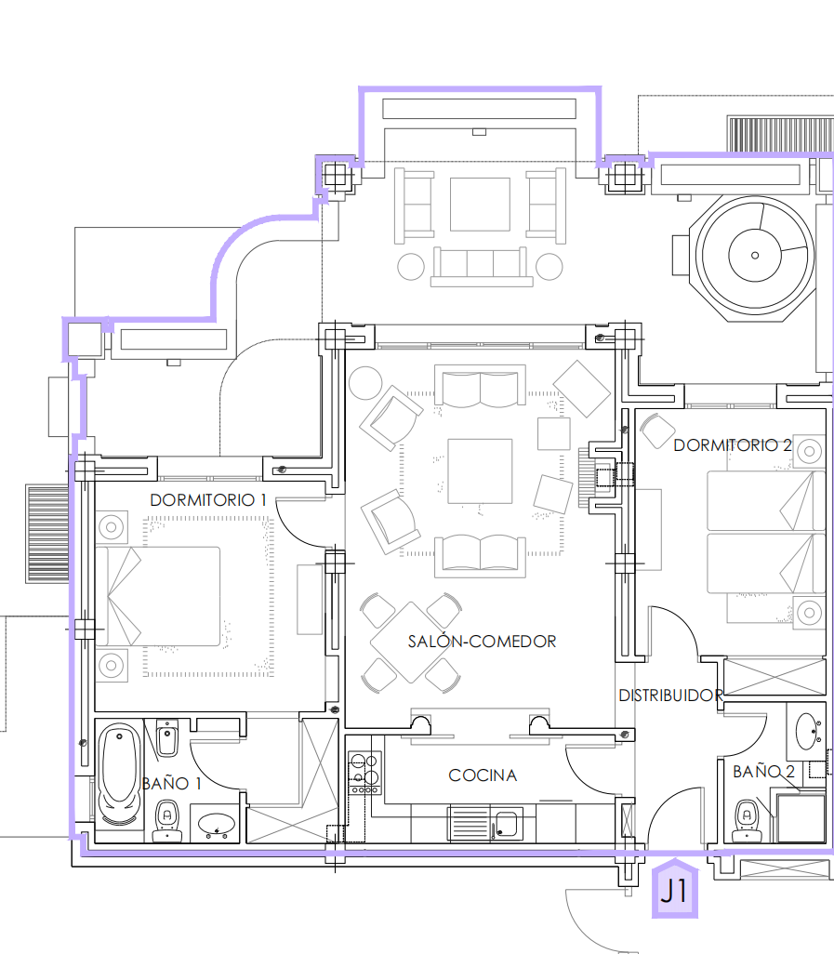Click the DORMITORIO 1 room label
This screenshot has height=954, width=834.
[208, 500]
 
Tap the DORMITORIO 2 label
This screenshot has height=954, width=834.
[733, 445]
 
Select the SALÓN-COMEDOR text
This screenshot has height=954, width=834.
[482, 642]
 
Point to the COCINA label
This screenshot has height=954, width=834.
[483, 775]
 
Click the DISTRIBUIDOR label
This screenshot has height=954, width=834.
[671, 696]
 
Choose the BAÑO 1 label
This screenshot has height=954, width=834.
[171, 784]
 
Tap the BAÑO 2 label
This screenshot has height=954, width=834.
[763, 772]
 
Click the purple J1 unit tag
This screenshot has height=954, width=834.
[675, 889]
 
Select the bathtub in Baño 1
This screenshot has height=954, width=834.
[120, 774]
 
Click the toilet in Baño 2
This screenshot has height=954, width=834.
[747, 820]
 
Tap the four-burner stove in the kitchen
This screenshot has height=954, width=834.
[364, 773]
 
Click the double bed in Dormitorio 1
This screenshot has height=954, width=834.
[158, 596]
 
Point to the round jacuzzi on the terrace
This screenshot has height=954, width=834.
[755, 256]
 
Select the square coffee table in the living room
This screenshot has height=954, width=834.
[480, 470]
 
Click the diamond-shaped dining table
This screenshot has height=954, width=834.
[411, 643]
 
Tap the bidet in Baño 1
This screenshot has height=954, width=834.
[167, 737]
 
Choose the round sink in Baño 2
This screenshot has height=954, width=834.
[809, 732]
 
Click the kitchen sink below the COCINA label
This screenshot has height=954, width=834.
[506, 824]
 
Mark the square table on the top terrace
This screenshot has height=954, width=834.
[480, 205]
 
